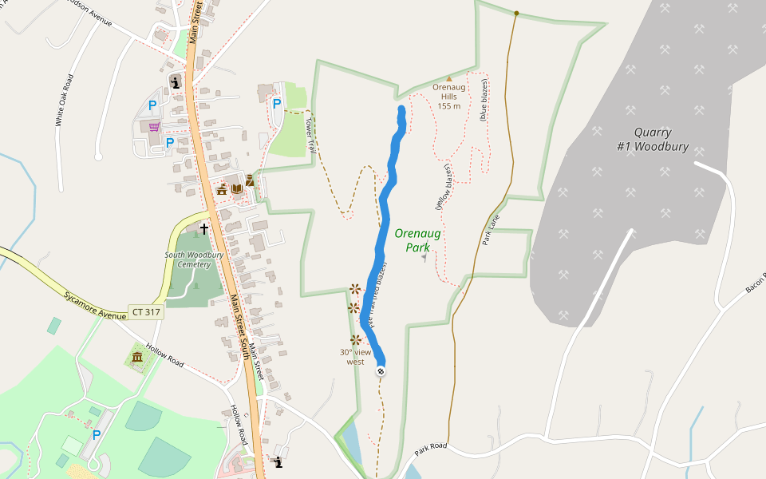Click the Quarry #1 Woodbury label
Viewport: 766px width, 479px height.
coord(653,140)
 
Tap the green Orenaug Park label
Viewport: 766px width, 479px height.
coord(412,240)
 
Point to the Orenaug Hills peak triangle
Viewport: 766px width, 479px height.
coord(448,78)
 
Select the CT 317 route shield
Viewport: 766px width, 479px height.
coord(145,312)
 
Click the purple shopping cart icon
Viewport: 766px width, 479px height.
coord(154,126)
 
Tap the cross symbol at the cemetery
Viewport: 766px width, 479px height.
coord(203,229)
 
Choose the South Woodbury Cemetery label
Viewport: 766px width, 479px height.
coord(188,259)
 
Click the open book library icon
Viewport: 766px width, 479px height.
coord(236,189)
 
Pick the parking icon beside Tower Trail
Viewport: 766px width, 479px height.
coord(277,103)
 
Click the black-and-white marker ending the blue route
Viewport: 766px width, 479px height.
coord(381,370)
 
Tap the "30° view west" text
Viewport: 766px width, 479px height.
coord(356,357)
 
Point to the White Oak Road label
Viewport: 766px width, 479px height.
coord(65,101)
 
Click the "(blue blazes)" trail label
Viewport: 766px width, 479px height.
coord(483,99)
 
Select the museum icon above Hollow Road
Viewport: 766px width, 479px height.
coord(137,356)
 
